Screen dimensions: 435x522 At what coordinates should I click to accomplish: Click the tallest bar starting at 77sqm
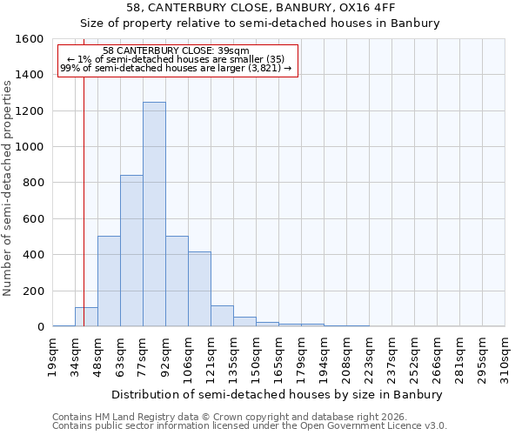pos(154,214)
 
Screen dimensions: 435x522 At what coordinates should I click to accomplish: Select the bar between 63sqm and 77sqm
pos(131,251)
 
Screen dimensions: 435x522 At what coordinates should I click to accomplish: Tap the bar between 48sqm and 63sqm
pos(109,281)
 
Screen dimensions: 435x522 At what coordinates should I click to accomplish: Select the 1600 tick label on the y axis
pos(30,39)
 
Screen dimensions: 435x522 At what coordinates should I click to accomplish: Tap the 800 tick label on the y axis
pos(32,183)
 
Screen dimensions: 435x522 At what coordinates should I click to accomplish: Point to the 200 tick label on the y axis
pos(32,291)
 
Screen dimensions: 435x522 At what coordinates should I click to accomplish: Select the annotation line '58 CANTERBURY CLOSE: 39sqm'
pos(176,50)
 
